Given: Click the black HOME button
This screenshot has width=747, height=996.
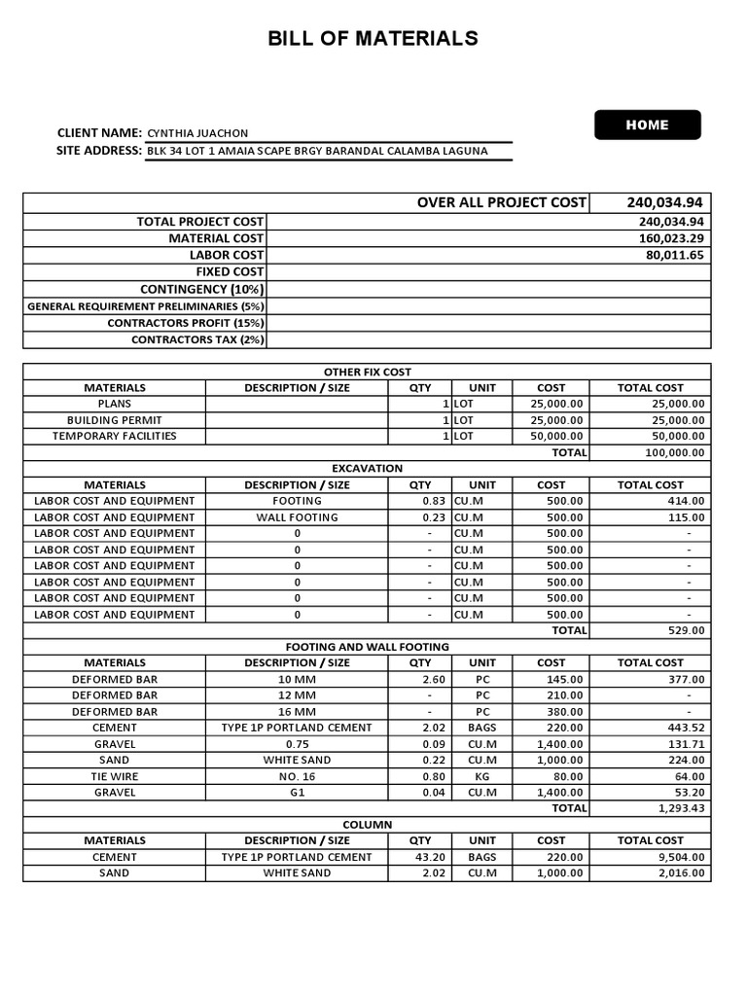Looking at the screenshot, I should (647, 124).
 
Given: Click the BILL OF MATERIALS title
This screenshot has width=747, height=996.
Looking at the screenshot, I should (373, 39).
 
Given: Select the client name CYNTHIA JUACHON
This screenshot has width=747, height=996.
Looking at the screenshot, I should (197, 133).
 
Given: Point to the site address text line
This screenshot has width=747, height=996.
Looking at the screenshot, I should (317, 151).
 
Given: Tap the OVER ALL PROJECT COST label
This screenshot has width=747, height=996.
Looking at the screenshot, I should (501, 202).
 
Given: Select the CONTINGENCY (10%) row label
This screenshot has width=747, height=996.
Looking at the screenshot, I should (202, 289).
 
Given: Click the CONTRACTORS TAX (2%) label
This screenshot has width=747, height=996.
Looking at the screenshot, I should (197, 339).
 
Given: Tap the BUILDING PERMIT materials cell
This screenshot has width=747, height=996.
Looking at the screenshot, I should (115, 420).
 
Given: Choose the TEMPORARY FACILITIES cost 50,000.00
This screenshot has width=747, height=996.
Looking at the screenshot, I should (551, 437).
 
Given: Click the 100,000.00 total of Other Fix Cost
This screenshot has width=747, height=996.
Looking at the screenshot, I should (674, 453).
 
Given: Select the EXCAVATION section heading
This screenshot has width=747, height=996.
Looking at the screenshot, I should (367, 468).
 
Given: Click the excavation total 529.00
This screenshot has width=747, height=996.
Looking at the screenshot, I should (684, 630).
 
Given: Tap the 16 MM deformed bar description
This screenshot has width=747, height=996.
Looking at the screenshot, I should (297, 711).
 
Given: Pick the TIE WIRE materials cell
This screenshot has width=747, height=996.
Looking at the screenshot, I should (115, 776).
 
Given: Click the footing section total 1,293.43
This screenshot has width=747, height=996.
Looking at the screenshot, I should (681, 808).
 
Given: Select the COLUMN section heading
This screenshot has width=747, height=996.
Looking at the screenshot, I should (367, 824).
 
